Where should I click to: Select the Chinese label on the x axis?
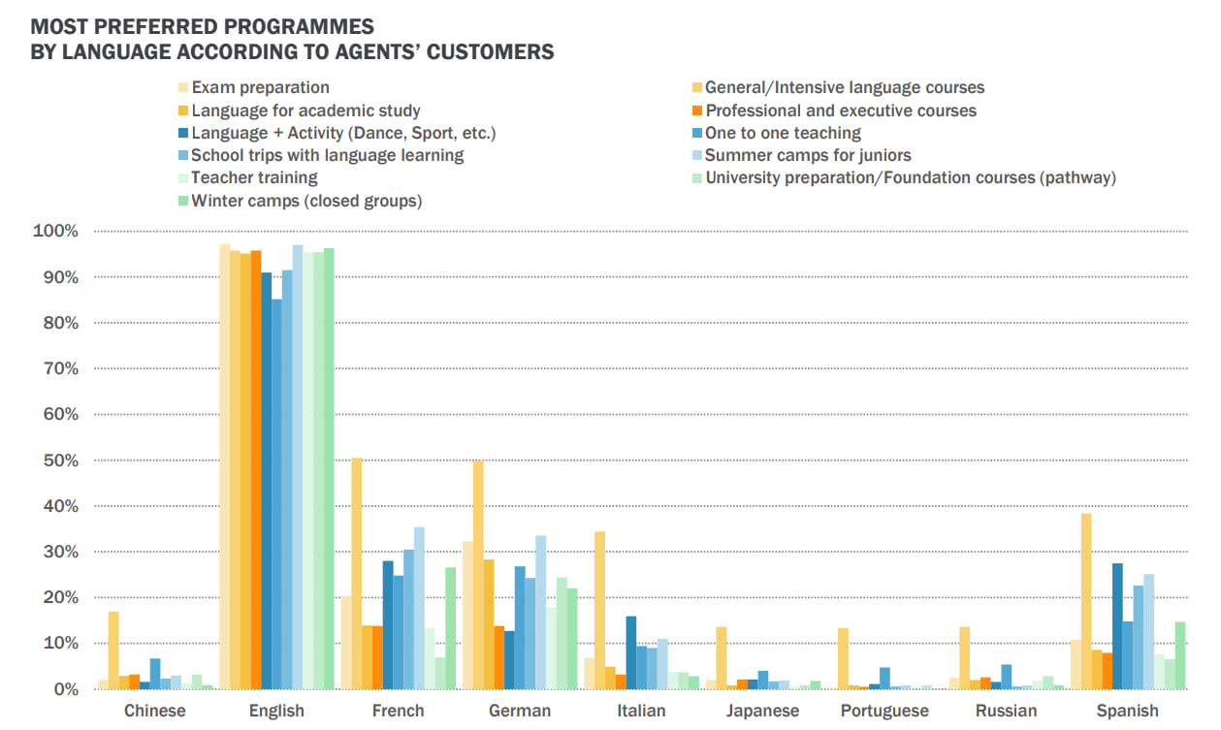coord(155,711)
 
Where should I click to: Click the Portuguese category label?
coord(884,711)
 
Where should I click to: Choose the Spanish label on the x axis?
coord(1127,711)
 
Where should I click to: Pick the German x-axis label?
coord(520,711)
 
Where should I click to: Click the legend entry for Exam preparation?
coord(260,87)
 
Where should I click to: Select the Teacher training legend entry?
coord(254,177)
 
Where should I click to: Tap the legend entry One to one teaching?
coord(783,133)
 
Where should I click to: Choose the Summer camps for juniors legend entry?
coord(808,155)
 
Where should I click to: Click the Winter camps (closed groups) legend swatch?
coord(181,201)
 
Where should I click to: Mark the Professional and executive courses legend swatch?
coord(695,111)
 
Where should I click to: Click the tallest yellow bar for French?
coord(357,573)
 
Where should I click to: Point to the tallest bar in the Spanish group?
coord(1086,601)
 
